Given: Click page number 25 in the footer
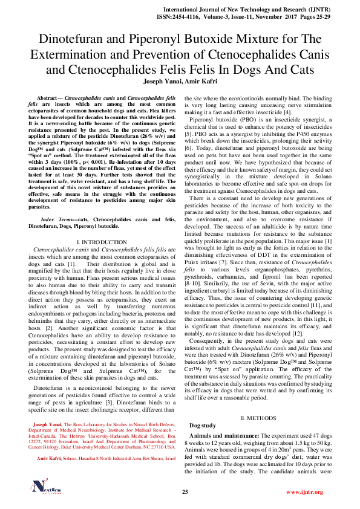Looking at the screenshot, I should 186,492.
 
